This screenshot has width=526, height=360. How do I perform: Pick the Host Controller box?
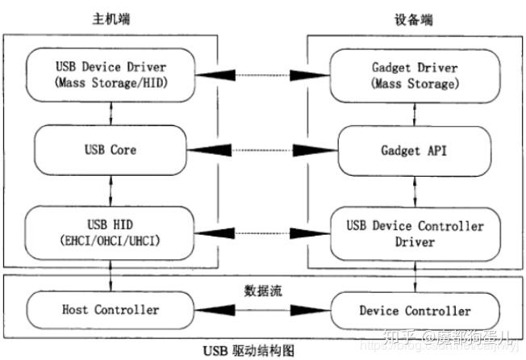pos(110,310)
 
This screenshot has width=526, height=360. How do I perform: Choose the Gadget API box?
pos(414,150)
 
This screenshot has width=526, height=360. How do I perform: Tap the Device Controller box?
pos(414,310)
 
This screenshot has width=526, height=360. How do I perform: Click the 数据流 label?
pos(261,287)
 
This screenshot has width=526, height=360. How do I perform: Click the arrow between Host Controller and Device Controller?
pos(261,310)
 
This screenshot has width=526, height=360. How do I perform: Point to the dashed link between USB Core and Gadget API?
pos(261,150)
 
